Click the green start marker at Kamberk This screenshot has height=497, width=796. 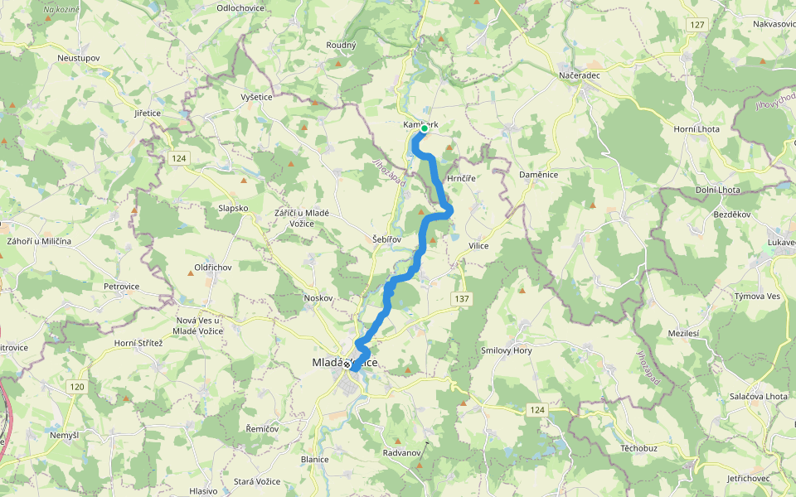pyautogui.click(x=424, y=128)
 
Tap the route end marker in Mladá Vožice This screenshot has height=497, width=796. pyautogui.click(x=354, y=369)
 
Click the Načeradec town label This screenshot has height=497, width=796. pyautogui.click(x=578, y=75)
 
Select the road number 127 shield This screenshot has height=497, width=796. pyautogui.click(x=696, y=26)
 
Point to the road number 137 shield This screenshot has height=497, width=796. pyautogui.click(x=462, y=298)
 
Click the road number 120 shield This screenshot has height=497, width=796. pyautogui.click(x=77, y=387)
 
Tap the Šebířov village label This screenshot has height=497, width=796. pyautogui.click(x=386, y=239)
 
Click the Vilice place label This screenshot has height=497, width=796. pyautogui.click(x=478, y=246)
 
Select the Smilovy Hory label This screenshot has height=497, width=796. pyautogui.click(x=507, y=350)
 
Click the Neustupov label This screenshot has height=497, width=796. pyautogui.click(x=79, y=58)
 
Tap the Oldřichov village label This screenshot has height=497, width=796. pyautogui.click(x=212, y=268)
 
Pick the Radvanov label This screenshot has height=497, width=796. pyautogui.click(x=403, y=453)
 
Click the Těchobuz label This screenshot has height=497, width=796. pyautogui.click(x=638, y=447)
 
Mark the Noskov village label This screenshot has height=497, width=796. pyautogui.click(x=318, y=297)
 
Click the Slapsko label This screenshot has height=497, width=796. pyautogui.click(x=233, y=208)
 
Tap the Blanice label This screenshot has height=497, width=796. pyautogui.click(x=315, y=459)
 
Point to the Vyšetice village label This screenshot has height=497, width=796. pyautogui.click(x=256, y=97)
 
